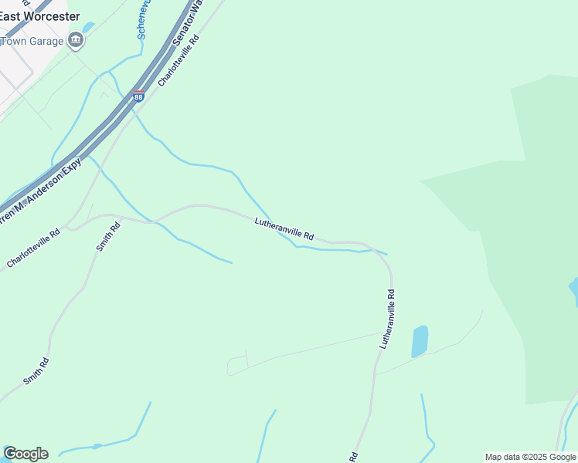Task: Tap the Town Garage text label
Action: coord(31,41)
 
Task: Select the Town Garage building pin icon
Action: coord(76,40)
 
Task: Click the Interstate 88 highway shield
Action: coord(138,96)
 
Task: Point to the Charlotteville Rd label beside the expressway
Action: coord(178,59)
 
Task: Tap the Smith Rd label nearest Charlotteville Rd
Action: coord(108,236)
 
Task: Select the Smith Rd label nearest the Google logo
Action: coord(36,370)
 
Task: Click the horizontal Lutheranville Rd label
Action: coord(284,228)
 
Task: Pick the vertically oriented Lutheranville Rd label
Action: coord(387,319)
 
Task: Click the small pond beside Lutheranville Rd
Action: coord(419,341)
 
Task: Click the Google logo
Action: coord(25,454)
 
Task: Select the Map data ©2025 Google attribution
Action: coord(531,457)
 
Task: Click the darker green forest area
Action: coord(533,231)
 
